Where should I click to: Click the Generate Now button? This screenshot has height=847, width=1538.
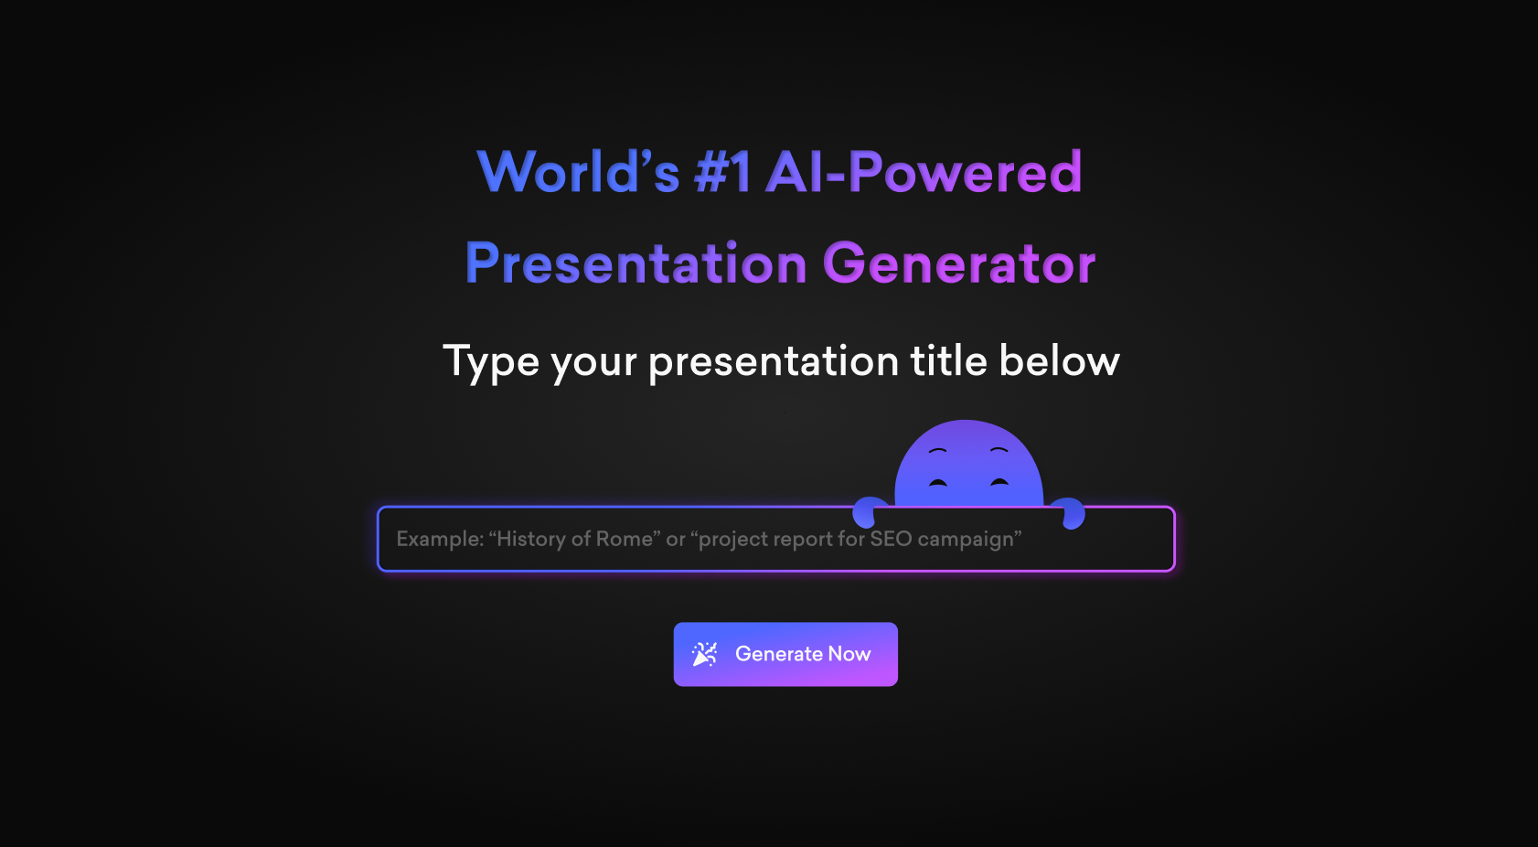[x=785, y=654]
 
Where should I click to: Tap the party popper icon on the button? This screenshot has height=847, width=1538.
[x=704, y=654]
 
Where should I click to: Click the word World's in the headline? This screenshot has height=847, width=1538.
[x=578, y=172]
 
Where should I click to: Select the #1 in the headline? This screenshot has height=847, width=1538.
[x=723, y=172]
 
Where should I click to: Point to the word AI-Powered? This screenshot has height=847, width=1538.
[x=924, y=172]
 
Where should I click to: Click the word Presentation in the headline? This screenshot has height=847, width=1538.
[x=635, y=263]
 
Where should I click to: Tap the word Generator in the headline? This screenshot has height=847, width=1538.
[x=959, y=263]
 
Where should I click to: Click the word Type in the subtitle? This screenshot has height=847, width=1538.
[x=491, y=363]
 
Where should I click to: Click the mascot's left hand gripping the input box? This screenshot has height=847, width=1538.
[x=869, y=512]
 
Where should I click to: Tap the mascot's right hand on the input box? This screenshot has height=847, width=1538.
[x=1069, y=513]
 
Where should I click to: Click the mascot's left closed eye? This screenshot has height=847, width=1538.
[x=938, y=482]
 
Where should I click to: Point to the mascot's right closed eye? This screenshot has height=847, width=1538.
[x=999, y=481]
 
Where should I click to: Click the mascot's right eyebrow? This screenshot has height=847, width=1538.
[x=999, y=451]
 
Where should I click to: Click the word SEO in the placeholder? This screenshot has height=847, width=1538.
[x=891, y=539]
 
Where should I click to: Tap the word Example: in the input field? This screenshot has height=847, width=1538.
[x=440, y=540]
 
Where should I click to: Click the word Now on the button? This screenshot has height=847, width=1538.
[x=849, y=654]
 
